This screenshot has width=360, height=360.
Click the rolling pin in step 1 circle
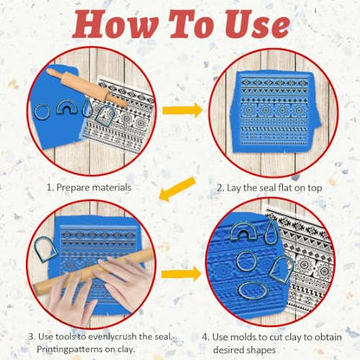pos(87,87)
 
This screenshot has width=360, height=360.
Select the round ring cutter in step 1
pos(42,112)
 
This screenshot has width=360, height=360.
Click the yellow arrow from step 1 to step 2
pos(183,111)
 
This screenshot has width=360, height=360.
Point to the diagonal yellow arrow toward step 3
pos(177,190)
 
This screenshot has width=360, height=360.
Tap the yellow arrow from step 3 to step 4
pos(182,274)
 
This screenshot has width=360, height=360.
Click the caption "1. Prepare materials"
pos(89,188)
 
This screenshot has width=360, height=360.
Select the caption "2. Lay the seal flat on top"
pos(269,188)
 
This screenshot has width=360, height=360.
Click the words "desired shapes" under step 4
pos(244,350)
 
